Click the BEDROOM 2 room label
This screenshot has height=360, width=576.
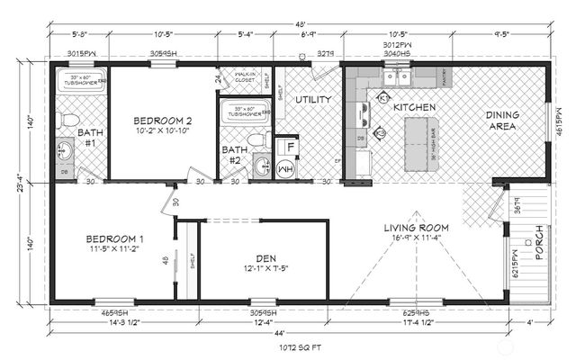tap(163, 121)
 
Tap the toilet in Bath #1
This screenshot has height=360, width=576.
tap(71, 120)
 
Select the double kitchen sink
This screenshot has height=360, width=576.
tap(396, 77)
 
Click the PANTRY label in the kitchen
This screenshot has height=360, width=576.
tap(446, 77)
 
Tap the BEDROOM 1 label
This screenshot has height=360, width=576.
tap(115, 238)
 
